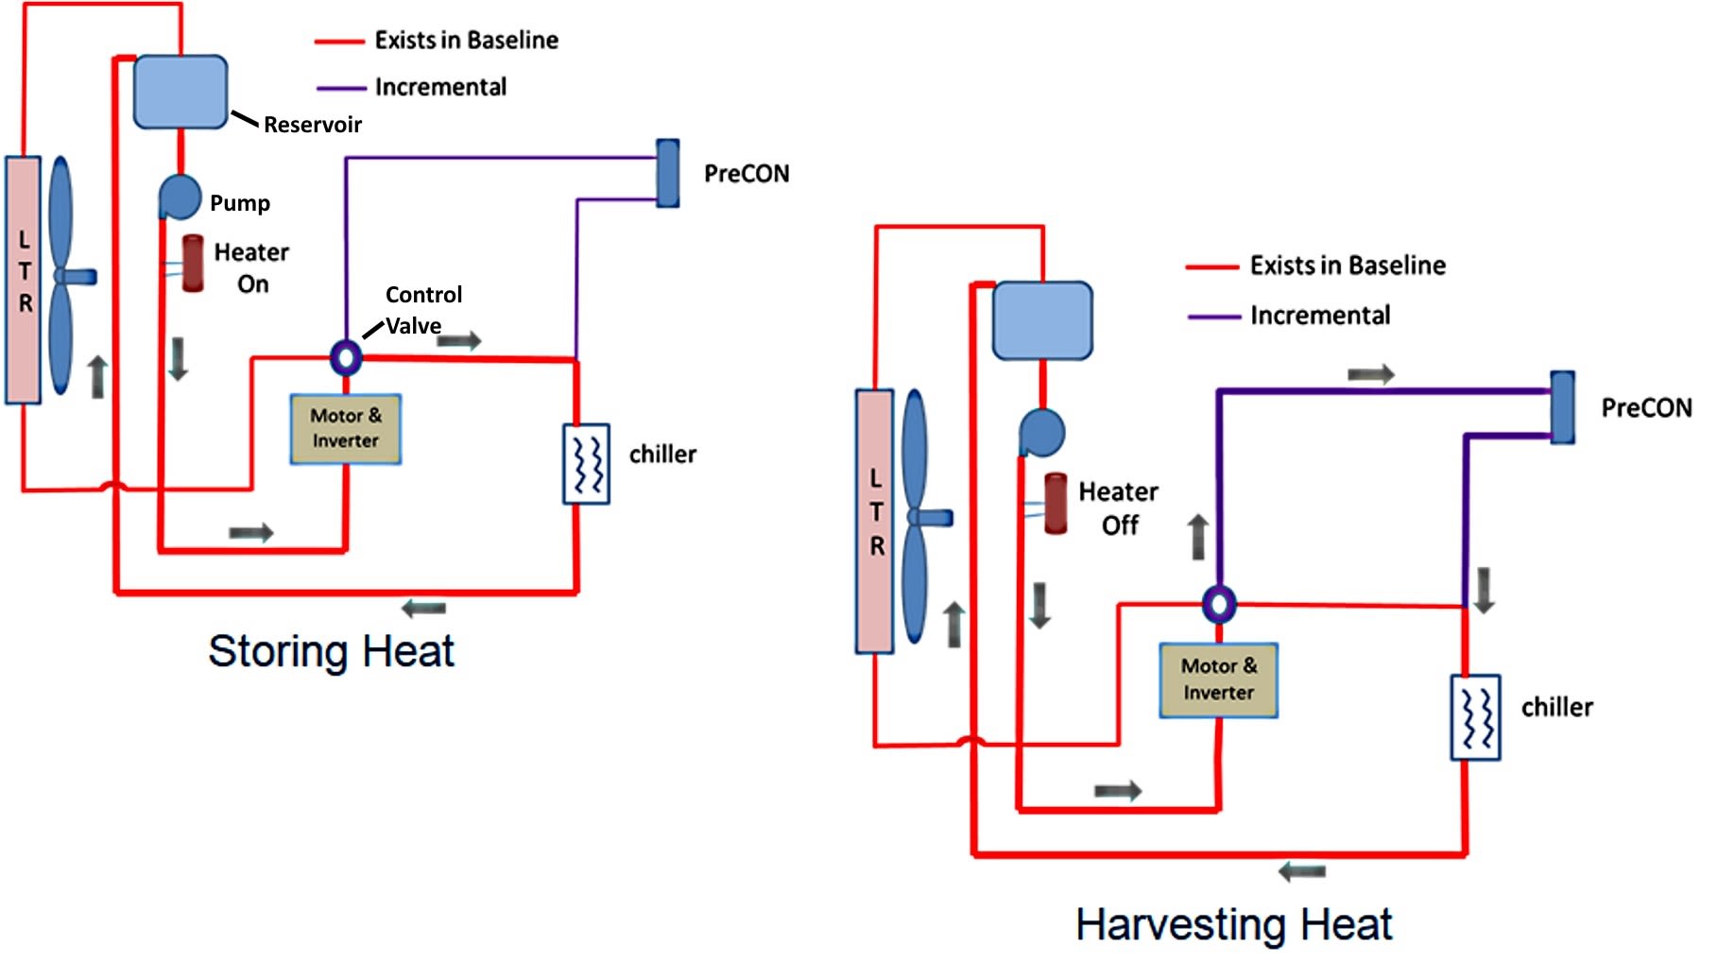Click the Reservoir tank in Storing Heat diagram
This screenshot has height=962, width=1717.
coord(180,92)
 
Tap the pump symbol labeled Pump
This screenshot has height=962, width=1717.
coord(180,197)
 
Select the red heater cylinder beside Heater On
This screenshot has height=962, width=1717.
coord(193,263)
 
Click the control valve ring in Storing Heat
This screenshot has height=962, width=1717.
coord(346,357)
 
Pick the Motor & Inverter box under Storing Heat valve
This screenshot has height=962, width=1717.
coord(346,429)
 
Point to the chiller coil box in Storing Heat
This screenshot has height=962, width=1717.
coord(586,463)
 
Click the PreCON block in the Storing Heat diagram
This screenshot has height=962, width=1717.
coord(668,173)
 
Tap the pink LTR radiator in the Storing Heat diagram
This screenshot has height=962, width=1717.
coord(24,280)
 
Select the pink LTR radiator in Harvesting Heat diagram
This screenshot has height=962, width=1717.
coord(875,521)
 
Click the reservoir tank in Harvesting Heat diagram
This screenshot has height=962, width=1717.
coord(1042,320)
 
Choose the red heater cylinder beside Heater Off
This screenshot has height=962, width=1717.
coord(1056,503)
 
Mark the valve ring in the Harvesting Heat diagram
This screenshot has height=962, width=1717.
coord(1219,603)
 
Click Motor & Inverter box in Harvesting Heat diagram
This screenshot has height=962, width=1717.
coord(1219,679)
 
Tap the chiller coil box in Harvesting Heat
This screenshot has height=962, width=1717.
coord(1476,716)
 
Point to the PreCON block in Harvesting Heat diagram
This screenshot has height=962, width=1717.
coord(1563,407)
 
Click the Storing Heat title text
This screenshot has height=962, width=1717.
coord(331,651)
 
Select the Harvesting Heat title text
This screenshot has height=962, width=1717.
coord(1233,923)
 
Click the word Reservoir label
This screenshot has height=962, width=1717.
coord(312,125)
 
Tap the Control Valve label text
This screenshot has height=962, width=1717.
coord(422,310)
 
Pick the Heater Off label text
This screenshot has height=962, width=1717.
coord(1119,508)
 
